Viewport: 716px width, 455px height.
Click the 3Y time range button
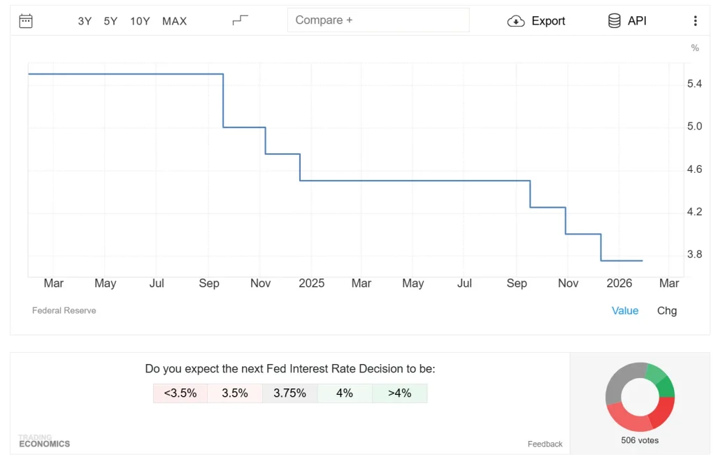click(x=85, y=21)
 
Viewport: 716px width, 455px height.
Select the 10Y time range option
click(x=140, y=21)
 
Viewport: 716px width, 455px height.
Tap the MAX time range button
click(x=174, y=21)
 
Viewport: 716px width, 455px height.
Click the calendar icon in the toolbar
click(x=26, y=21)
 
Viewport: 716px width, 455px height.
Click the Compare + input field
click(x=378, y=20)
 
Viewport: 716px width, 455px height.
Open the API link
click(x=627, y=21)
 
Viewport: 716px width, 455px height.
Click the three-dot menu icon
click(x=695, y=21)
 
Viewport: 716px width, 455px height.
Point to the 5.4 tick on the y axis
click(x=694, y=84)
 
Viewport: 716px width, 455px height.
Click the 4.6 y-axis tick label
click(x=694, y=169)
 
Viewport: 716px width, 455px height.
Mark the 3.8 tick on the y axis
click(x=694, y=255)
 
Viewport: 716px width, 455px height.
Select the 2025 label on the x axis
click(x=311, y=283)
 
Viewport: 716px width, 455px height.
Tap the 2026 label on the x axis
click(x=619, y=283)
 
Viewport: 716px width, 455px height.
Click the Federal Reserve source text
click(x=64, y=310)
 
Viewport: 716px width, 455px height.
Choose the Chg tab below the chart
click(x=666, y=311)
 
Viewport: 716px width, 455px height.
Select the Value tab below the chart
click(x=624, y=311)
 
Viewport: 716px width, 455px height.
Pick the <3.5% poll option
click(x=180, y=393)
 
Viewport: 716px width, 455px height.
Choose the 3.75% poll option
click(x=289, y=393)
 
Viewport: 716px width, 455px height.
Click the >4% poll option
click(x=399, y=393)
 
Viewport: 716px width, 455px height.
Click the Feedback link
click(x=545, y=444)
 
